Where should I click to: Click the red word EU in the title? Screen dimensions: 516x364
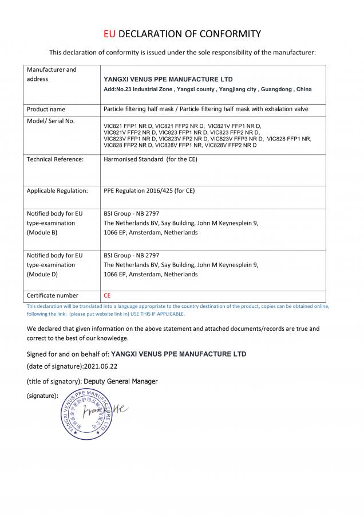[x=109, y=34]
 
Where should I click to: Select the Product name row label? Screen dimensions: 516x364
[x=46, y=109]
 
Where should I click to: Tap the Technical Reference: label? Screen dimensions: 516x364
[x=55, y=159]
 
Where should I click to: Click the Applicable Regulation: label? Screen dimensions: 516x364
[x=57, y=190]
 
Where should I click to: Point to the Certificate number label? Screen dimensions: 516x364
[x=52, y=295]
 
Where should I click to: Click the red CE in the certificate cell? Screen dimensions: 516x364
[x=107, y=295]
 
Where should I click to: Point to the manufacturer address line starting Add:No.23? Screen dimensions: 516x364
[x=207, y=90]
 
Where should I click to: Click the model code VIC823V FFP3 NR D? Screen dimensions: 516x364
[x=236, y=138]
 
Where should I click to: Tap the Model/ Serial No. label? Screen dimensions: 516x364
[x=50, y=121]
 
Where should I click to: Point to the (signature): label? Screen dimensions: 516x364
[x=42, y=396]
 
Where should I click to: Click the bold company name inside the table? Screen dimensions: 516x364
[x=168, y=79]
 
